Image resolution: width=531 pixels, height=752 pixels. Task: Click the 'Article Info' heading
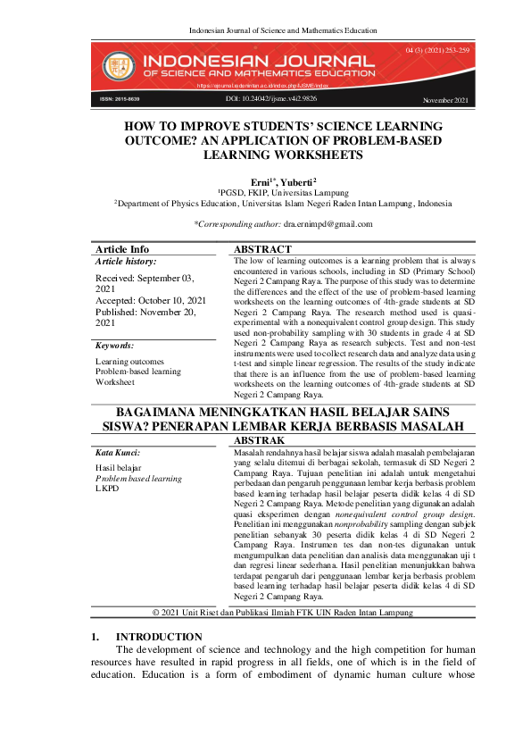pyautogui.click(x=122, y=249)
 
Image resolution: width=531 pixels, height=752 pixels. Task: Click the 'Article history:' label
pyautogui.click(x=126, y=262)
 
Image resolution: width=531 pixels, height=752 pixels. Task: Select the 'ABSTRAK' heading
pyautogui.click(x=259, y=441)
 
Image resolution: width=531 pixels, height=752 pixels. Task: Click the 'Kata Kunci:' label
pyautogui.click(x=118, y=454)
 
